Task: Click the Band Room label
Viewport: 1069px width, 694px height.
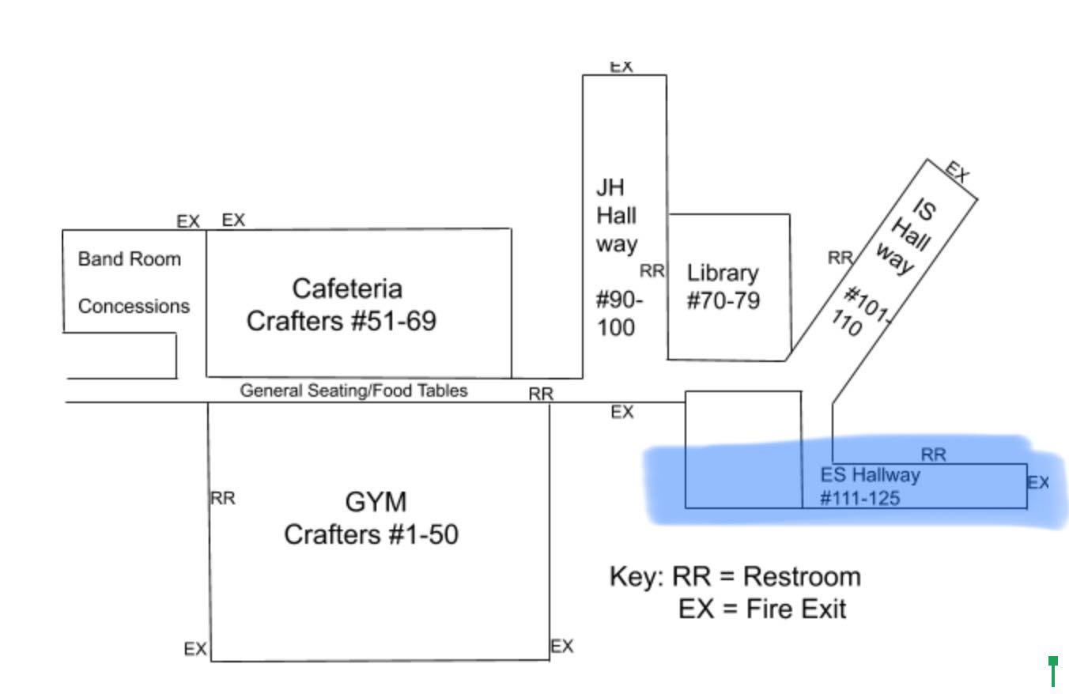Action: [x=129, y=259]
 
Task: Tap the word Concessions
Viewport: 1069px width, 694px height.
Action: [x=134, y=307]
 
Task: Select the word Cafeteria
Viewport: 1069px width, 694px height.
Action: [x=347, y=289]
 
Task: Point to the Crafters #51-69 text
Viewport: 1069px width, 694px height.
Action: [x=341, y=322]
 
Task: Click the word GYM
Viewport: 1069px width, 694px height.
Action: [x=376, y=503]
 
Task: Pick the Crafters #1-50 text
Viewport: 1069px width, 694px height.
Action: [x=371, y=535]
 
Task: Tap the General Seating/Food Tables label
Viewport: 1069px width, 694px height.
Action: [x=353, y=390]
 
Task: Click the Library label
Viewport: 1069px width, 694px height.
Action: [x=723, y=273]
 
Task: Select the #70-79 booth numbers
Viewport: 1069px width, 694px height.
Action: [x=723, y=301]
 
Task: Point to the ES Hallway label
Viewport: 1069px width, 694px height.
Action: [x=871, y=475]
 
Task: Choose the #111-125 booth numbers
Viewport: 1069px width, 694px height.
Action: [x=860, y=499]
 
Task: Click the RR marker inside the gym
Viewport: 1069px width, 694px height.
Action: [x=223, y=499]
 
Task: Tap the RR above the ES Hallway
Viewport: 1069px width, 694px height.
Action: [x=933, y=454]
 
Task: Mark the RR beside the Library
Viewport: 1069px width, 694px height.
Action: [x=652, y=271]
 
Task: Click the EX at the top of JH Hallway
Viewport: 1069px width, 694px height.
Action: [x=621, y=67]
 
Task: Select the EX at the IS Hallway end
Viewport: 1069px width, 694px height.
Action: [x=957, y=172]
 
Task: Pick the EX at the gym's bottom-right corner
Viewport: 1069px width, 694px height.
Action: [x=561, y=647]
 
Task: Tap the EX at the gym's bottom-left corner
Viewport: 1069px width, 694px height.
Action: [x=195, y=650]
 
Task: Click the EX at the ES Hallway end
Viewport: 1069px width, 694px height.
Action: [x=1038, y=482]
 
